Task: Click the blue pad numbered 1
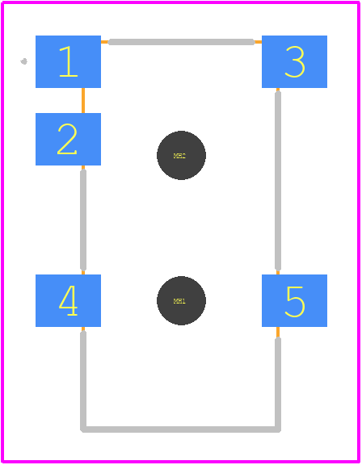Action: point(68,61)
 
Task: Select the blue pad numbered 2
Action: point(68,139)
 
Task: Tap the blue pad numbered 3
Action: point(294,61)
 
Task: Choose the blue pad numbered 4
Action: point(68,300)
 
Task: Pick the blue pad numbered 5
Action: point(294,300)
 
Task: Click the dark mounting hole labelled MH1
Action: point(181,300)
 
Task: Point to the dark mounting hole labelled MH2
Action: point(181,155)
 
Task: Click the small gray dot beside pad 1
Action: point(24,61)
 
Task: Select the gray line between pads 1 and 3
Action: point(181,42)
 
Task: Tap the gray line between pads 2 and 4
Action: point(83,220)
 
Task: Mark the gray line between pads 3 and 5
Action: point(278,181)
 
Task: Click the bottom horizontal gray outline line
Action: point(181,429)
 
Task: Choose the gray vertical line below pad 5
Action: point(278,383)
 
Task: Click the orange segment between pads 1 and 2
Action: point(83,101)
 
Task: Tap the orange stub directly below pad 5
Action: point(278,332)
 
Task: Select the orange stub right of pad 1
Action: point(105,42)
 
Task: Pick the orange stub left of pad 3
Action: point(258,42)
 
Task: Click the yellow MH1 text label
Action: point(179,301)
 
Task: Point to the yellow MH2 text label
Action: point(179,156)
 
